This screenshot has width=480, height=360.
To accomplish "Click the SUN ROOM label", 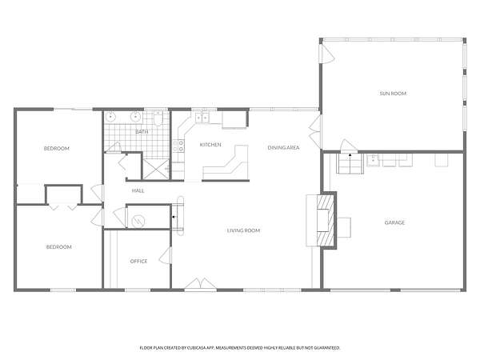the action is pyautogui.click(x=393, y=94).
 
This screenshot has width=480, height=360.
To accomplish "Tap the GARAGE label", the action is pyautogui.click(x=394, y=222).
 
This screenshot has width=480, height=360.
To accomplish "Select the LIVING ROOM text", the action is pyautogui.click(x=244, y=230).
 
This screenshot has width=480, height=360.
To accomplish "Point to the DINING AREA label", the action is pyautogui.click(x=283, y=147).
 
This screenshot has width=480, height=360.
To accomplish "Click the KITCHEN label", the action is pyautogui.click(x=210, y=145).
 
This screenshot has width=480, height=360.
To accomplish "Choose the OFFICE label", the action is pyautogui.click(x=138, y=261).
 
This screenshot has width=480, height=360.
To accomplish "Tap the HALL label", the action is pyautogui.click(x=138, y=190).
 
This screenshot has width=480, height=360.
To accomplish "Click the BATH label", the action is pyautogui.click(x=142, y=132).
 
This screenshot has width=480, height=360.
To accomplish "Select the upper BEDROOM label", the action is pyautogui.click(x=57, y=149).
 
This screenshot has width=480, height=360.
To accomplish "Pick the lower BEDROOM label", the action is pyautogui.click(x=58, y=246).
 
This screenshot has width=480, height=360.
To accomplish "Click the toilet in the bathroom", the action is pyautogui.click(x=158, y=118).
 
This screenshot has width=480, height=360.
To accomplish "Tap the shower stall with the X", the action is pyautogui.click(x=156, y=170).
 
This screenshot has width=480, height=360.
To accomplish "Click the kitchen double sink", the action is pyautogui.click(x=202, y=118).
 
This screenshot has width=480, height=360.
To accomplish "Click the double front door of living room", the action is pyautogui.click(x=201, y=283).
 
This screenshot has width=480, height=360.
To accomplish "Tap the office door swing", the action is pyautogui.click(x=166, y=255).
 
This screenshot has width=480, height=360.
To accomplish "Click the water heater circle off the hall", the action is pyautogui.click(x=138, y=221).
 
